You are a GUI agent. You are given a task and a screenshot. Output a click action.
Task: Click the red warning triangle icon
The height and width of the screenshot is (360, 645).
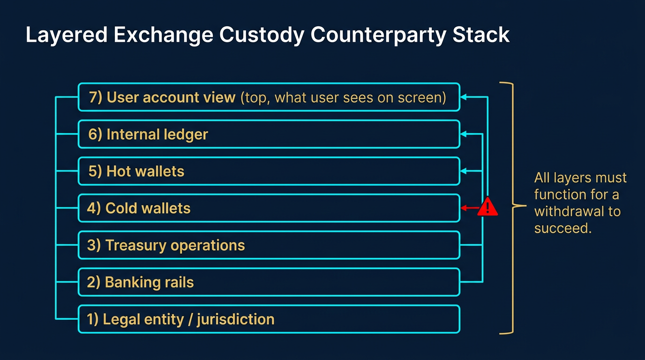487,207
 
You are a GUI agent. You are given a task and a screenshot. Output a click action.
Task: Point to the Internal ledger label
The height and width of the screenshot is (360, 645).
148,135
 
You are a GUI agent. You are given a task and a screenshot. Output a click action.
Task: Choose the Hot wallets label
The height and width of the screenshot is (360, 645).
136,172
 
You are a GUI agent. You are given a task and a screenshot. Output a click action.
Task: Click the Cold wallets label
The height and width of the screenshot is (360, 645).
139,209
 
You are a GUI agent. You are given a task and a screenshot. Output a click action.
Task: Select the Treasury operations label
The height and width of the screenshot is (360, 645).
166,246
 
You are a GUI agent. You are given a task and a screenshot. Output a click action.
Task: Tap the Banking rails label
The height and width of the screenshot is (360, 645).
140,283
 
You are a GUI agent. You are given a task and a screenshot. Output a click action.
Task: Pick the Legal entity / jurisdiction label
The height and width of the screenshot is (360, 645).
180,320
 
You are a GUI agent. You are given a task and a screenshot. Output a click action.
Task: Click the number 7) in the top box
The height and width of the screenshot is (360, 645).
96,97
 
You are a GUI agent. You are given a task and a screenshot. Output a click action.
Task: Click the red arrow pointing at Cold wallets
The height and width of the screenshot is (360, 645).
469,208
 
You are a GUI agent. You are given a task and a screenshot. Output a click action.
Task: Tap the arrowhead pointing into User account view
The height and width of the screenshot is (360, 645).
464,97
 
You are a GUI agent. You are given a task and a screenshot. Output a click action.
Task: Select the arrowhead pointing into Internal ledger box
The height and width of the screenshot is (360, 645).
464,135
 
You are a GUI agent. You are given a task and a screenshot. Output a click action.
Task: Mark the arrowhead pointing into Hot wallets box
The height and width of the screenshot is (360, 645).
464,172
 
